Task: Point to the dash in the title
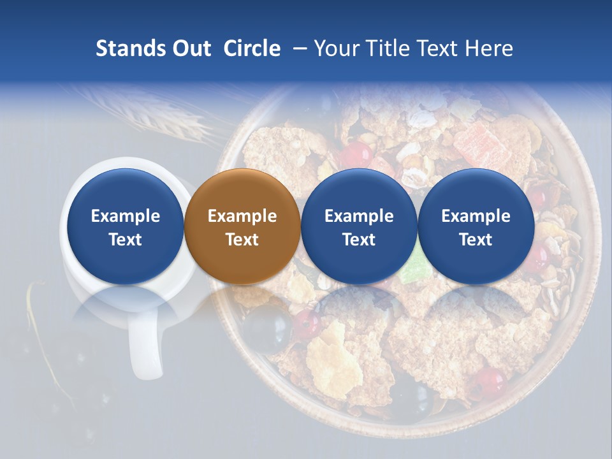point(298,49)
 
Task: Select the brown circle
point(242,227)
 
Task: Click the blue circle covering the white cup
point(125,227)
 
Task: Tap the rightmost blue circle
point(476,227)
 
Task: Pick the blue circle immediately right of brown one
point(359,227)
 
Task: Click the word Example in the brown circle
point(242,216)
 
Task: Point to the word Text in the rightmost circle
point(476,240)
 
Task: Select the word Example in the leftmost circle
point(125,216)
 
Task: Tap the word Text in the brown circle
point(242,240)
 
